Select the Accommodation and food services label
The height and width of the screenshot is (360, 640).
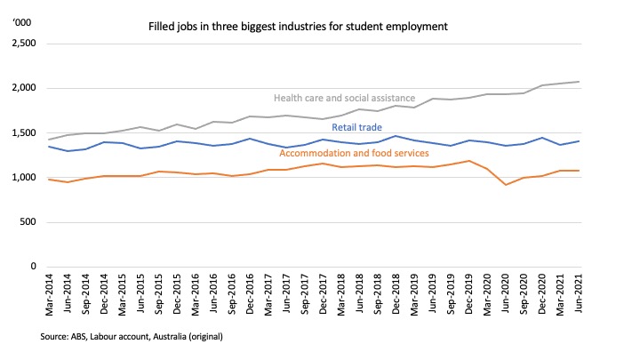[354, 154]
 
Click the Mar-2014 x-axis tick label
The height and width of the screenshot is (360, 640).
[51, 297]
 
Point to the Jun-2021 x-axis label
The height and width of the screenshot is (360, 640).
[604, 297]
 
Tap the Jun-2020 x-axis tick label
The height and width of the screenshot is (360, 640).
[527, 297]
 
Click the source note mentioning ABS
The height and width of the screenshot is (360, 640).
[131, 337]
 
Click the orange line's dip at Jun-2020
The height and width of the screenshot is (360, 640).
[527, 185]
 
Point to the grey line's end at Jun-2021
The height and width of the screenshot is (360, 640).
[604, 82]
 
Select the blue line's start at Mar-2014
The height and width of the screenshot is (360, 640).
[51, 146]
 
